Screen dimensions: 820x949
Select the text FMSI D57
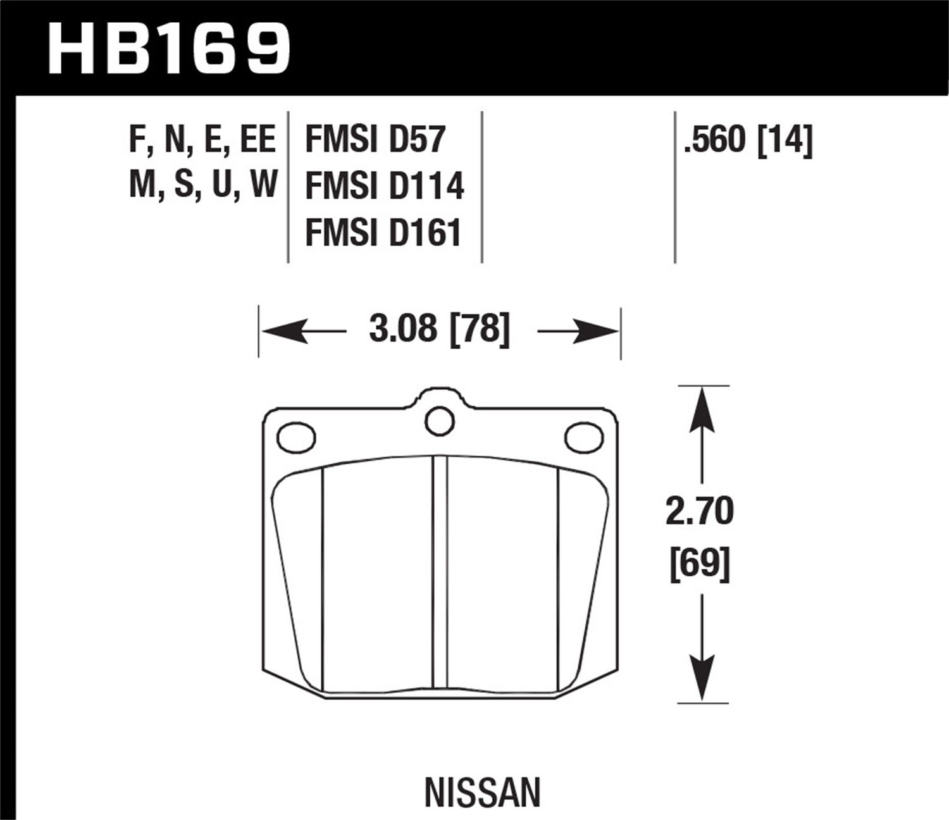375,139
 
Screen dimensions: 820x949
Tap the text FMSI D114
385,186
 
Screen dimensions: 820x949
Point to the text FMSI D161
383,232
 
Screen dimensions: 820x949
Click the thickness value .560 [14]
747,140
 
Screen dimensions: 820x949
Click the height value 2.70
700,511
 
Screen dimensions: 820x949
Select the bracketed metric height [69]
700,563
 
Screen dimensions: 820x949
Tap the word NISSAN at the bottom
483,792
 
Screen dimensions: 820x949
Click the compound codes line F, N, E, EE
202,140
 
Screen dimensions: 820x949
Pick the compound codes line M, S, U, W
203,185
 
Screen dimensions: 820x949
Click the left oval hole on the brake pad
296,437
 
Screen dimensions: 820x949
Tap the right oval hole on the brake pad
583,437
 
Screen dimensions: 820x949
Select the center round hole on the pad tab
439,421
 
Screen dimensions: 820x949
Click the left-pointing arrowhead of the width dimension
285,331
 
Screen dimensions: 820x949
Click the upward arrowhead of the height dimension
701,410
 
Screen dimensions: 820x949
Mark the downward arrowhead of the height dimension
701,677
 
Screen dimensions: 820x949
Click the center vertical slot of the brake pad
440,573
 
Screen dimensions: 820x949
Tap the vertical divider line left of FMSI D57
288,187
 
